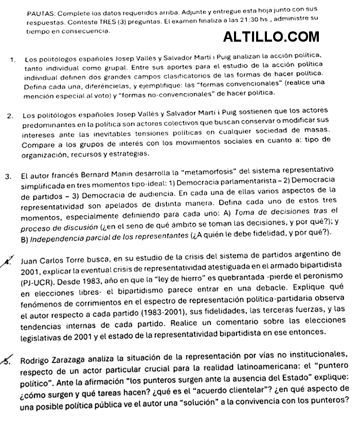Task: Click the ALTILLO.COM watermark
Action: coord(272,37)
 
